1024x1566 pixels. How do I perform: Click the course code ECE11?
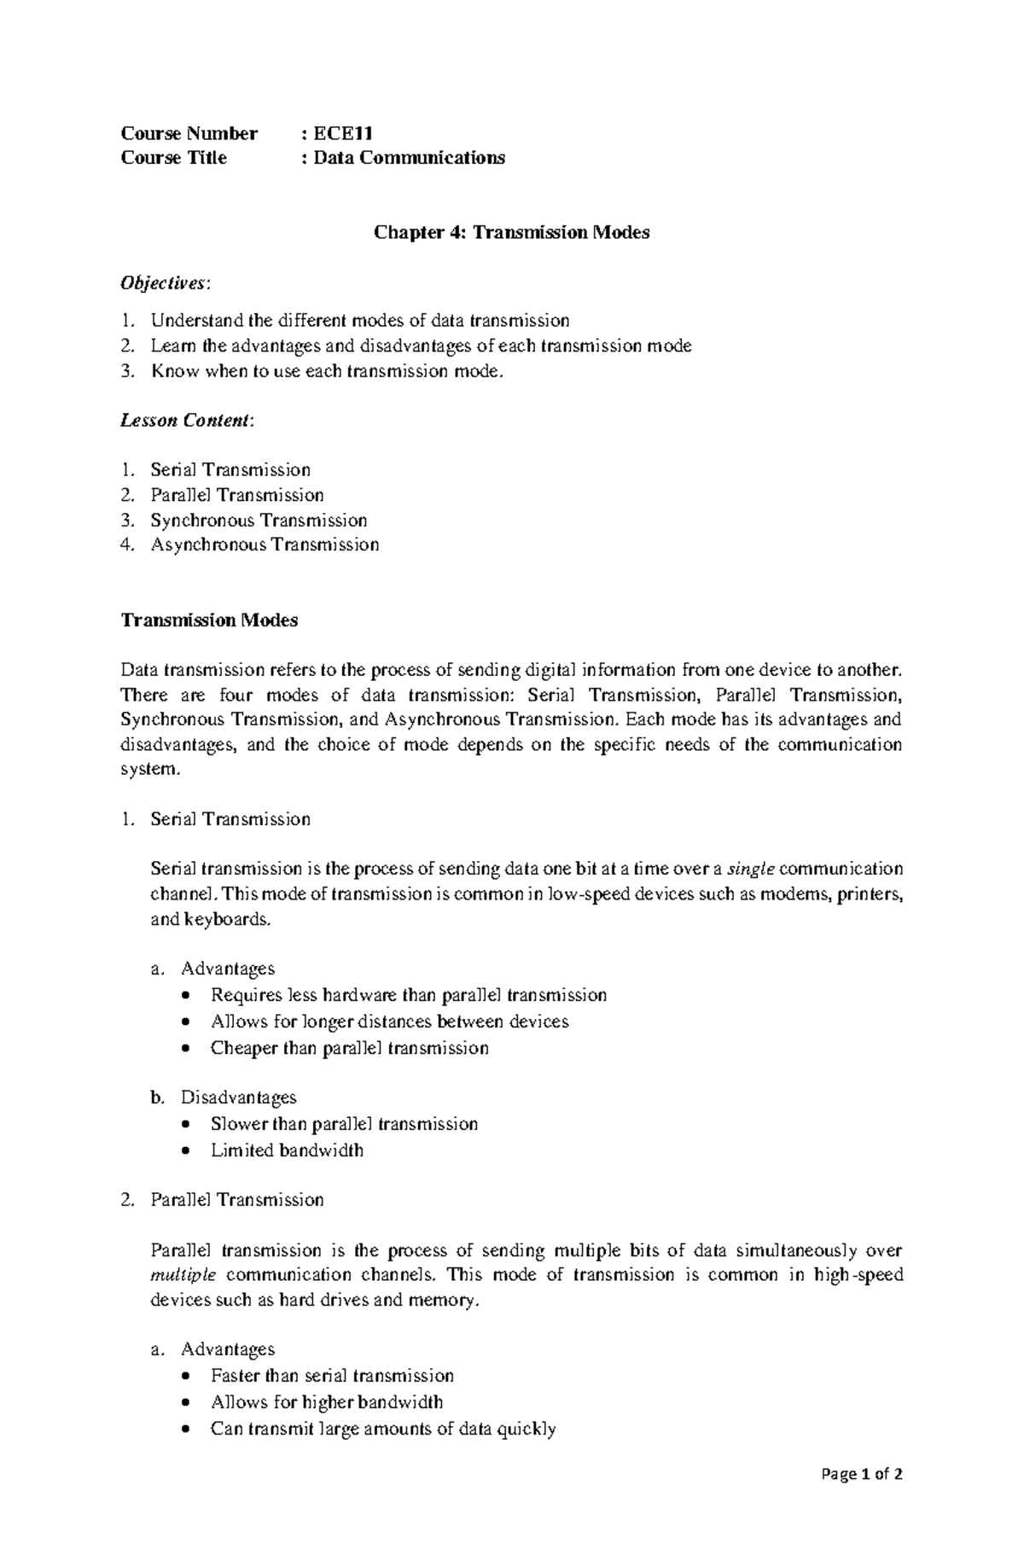tap(342, 133)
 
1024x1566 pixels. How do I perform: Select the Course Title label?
tap(174, 158)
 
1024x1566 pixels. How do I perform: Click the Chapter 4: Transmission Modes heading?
tap(512, 232)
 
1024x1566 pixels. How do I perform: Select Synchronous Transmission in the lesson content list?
tap(259, 520)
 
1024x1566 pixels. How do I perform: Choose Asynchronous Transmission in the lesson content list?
tap(265, 544)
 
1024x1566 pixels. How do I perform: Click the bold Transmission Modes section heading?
tap(209, 620)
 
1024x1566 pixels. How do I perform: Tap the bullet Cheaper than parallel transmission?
tap(349, 1048)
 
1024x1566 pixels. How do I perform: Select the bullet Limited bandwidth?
tap(287, 1150)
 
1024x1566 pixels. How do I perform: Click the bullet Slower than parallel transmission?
tap(344, 1124)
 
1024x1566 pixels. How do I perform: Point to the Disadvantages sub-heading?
tap(238, 1097)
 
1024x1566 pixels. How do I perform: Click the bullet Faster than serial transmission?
tap(332, 1376)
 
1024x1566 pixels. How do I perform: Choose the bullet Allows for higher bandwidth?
tap(327, 1402)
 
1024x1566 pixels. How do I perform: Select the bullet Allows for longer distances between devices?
tap(389, 1022)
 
